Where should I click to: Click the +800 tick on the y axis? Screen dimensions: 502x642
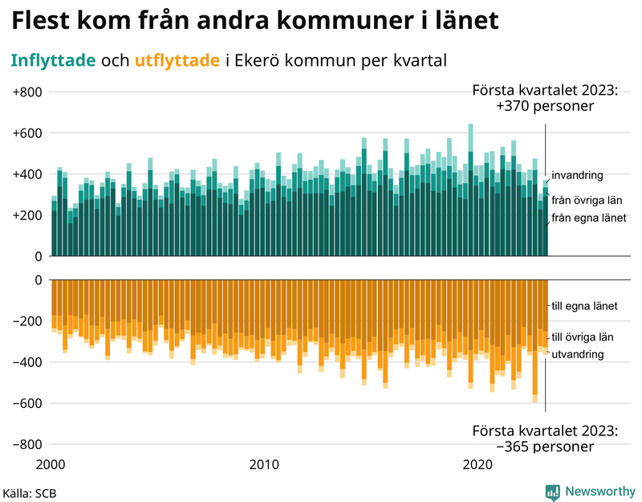(27, 92)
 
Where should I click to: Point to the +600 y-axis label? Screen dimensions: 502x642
(27, 133)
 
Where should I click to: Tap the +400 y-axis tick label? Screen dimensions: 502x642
(27, 174)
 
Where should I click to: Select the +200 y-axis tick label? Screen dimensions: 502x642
(27, 215)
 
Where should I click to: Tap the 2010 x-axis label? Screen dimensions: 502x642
(264, 464)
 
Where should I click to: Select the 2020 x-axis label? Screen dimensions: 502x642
(478, 464)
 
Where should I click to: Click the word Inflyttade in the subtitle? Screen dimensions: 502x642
(53, 60)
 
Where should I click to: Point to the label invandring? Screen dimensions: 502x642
(577, 175)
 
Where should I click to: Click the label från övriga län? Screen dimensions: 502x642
(587, 200)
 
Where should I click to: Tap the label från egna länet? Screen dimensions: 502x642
(587, 218)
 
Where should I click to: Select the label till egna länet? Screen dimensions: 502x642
(583, 306)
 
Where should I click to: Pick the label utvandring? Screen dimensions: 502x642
(578, 353)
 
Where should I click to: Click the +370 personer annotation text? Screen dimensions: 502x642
(545, 107)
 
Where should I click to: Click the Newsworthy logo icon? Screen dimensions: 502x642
(552, 492)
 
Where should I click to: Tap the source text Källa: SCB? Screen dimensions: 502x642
(30, 492)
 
